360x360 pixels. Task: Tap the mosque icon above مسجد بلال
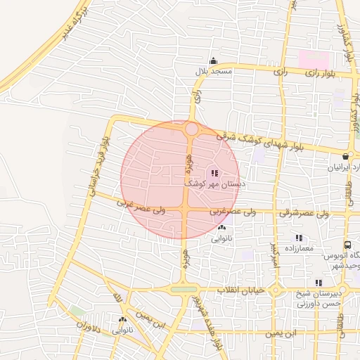[x=214, y=61]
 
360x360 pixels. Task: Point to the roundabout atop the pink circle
[x=191, y=129]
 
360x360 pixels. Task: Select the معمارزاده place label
[x=300, y=249]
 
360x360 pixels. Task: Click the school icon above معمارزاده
[x=299, y=238]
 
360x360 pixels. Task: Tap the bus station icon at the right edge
[x=347, y=245]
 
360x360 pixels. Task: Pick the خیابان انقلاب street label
[x=240, y=290]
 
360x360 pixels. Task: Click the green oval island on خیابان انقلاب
[x=184, y=289]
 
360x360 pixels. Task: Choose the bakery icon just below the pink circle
[x=222, y=228]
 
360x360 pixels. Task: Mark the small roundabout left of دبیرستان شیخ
[x=277, y=290]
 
